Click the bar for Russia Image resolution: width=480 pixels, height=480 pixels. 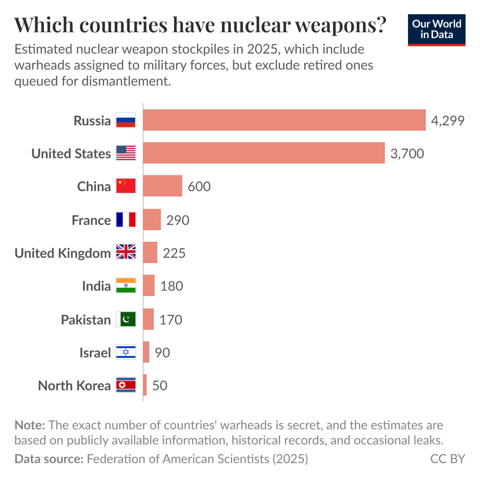coord(284,120)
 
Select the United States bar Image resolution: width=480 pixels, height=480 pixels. coord(264,153)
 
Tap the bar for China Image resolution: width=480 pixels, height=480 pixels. coord(162,186)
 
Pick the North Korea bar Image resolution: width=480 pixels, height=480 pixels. coord(145,385)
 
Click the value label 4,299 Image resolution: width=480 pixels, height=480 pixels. coord(447,120)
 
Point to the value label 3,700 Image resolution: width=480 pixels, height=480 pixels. coord(407,153)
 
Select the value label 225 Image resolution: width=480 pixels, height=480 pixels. coord(174,253)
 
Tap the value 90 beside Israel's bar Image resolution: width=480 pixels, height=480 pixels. coord(162,352)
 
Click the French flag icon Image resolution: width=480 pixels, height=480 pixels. coord(126,220)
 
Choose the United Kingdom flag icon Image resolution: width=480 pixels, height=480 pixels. coord(126,252)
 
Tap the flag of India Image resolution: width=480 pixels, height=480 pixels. coord(126,285)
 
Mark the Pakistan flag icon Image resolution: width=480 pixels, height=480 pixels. coord(126,319)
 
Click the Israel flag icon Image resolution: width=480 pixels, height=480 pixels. coord(126,352)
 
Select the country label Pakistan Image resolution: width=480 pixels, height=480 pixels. coord(86,320)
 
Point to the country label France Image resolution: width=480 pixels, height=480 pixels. coord(91,220)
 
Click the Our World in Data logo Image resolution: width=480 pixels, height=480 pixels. coord(436,30)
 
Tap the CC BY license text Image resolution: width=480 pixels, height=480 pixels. coord(447,459)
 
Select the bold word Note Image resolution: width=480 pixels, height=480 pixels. coord(30,425)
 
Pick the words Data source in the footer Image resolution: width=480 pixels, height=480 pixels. coord(49,459)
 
